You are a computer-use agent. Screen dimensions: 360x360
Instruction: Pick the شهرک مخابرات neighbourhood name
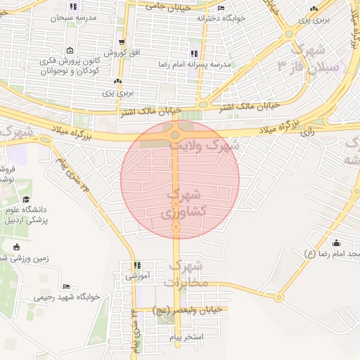tap(186, 274)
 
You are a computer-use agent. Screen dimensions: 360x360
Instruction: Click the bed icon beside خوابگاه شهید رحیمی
tap(66, 286)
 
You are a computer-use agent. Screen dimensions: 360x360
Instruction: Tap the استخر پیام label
tap(186, 337)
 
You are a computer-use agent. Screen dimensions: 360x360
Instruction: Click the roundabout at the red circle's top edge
tap(175, 134)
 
